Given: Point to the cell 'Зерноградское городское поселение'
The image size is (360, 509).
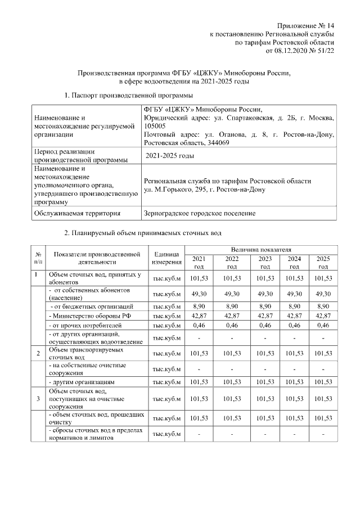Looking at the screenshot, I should click(200, 213).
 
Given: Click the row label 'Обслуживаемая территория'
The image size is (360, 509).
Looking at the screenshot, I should click(77, 213).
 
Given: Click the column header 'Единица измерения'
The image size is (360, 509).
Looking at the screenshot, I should click(166, 258).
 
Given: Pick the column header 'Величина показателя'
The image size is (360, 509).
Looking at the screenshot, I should click(261, 249).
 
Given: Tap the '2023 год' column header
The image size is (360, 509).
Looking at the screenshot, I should click(265, 262).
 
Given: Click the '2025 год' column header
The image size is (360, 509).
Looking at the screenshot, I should click(323, 262).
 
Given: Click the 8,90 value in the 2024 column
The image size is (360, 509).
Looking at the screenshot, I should click(294, 306).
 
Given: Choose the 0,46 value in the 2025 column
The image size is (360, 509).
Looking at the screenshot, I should click(323, 326).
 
